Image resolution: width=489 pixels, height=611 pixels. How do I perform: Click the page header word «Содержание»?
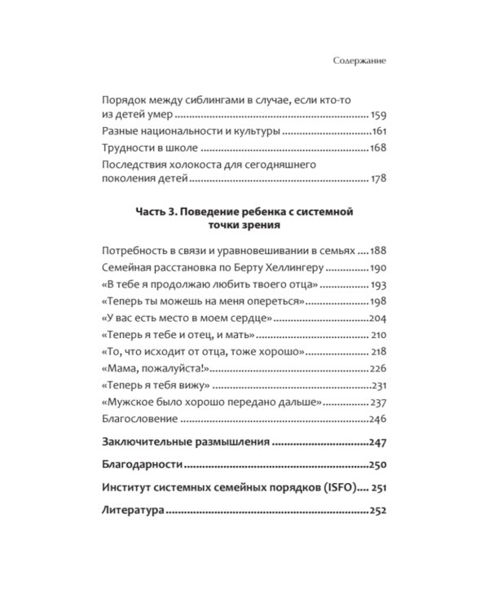point(360,60)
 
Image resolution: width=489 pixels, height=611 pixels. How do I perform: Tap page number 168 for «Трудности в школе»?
point(377,147)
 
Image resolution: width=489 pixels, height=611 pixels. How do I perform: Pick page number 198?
point(377,301)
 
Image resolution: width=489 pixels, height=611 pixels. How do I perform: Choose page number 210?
point(377,335)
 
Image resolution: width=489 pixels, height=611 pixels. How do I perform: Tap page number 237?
point(377,402)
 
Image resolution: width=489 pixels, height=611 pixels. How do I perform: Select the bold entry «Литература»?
point(134,511)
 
